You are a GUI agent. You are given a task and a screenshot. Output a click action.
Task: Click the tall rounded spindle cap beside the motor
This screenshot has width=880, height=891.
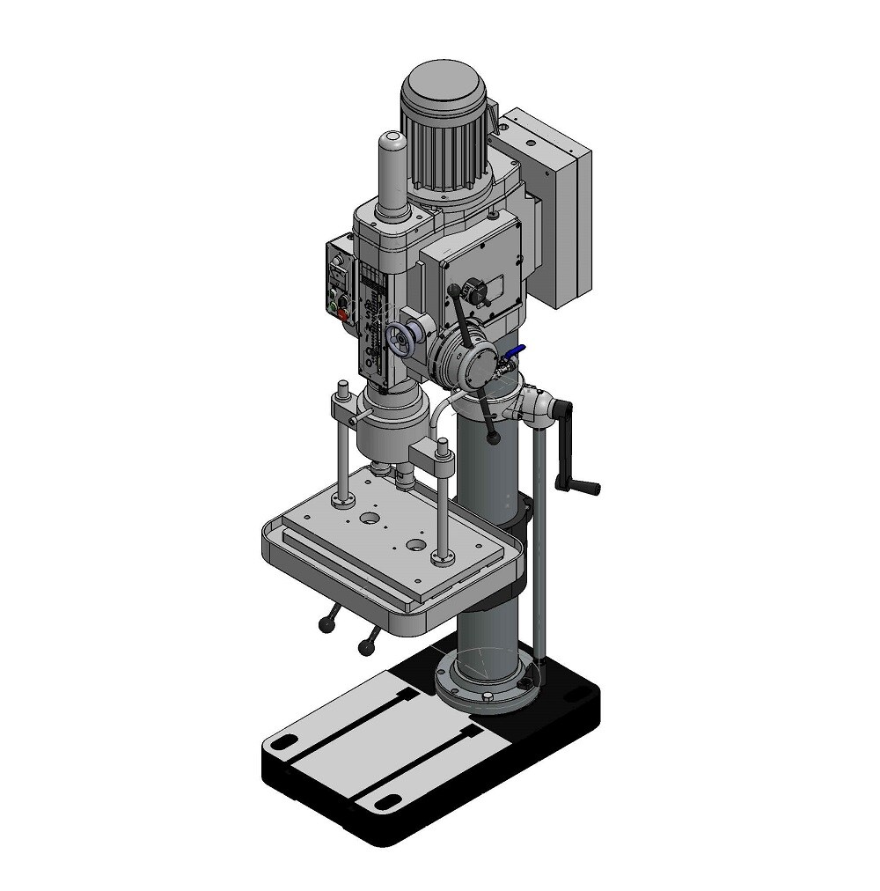tap(392, 172)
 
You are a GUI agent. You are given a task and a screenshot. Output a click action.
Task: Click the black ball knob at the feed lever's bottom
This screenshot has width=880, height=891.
tap(495, 437)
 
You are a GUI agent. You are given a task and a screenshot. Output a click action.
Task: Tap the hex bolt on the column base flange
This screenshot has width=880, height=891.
tap(487, 697)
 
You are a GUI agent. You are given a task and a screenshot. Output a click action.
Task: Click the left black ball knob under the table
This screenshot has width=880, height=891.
tap(325, 626)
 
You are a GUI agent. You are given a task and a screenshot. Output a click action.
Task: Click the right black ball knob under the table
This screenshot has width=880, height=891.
tap(365, 650)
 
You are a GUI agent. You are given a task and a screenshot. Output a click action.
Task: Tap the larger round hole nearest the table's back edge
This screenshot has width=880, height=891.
tap(370, 519)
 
